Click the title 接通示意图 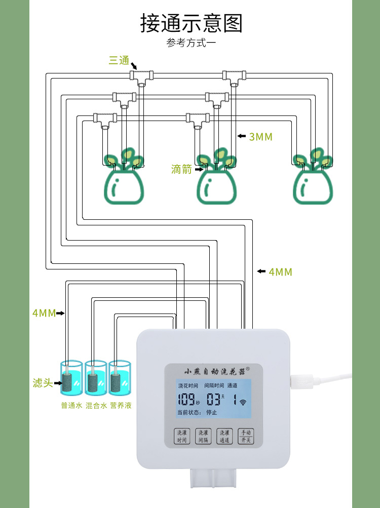tap(191, 24)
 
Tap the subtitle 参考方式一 tap(191, 43)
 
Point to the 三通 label tap(119, 61)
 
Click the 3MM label tap(260, 137)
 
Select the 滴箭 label tap(181, 170)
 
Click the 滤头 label tap(43, 383)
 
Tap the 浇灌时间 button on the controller tap(182, 437)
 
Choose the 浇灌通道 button tap(224, 437)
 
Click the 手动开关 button tap(246, 437)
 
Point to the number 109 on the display tap(186, 399)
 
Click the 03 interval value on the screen tap(213, 399)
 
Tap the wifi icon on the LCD tap(243, 403)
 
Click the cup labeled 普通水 tap(70, 378)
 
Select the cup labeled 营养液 tap(120, 378)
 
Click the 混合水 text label tap(96, 406)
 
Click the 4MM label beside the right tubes tap(280, 272)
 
